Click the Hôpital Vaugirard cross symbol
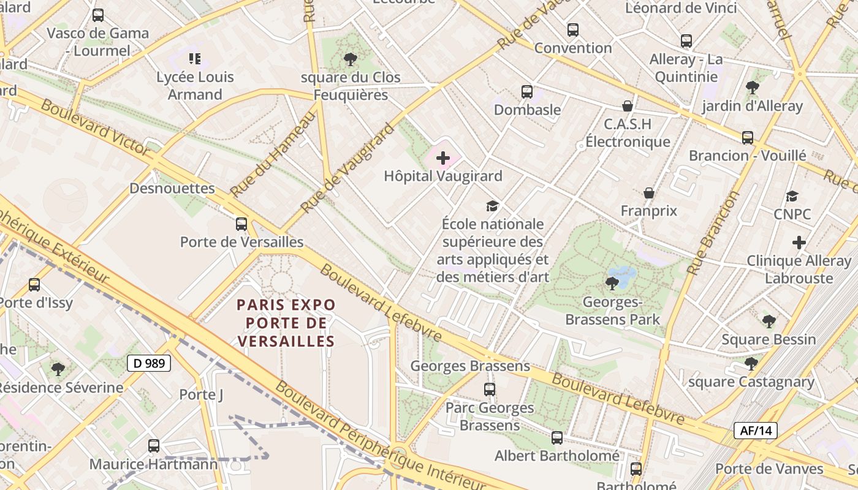tap(443, 158)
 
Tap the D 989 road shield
tap(149, 363)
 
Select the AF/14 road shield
tap(756, 431)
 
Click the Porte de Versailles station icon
tap(241, 224)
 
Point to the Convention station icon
tap(573, 29)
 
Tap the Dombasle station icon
tap(527, 92)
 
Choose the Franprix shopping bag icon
tap(649, 194)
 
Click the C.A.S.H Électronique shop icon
tap(628, 106)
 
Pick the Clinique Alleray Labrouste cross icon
tap(799, 243)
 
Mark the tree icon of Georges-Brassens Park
tap(612, 283)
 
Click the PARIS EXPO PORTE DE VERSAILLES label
tap(286, 323)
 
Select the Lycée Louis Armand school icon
tap(195, 59)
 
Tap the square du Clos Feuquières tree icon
tap(351, 59)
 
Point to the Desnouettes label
tap(172, 188)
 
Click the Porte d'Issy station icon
tap(34, 285)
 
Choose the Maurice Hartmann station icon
tap(154, 446)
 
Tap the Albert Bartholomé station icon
tap(557, 438)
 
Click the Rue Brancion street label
tap(713, 233)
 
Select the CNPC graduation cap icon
tap(792, 197)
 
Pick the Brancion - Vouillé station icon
tap(748, 138)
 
